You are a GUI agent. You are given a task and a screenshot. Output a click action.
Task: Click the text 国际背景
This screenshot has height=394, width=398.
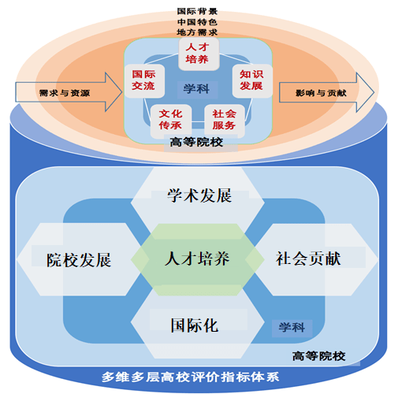click(198, 12)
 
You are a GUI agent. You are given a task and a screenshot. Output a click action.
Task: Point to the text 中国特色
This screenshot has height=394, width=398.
click(198, 22)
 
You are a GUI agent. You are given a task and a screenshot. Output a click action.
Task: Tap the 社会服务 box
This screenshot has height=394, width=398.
click(224, 118)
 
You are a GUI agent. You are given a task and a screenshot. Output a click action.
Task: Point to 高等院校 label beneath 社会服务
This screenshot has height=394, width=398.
click(198, 142)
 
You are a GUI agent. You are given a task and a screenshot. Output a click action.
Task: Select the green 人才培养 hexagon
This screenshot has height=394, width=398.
click(198, 258)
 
